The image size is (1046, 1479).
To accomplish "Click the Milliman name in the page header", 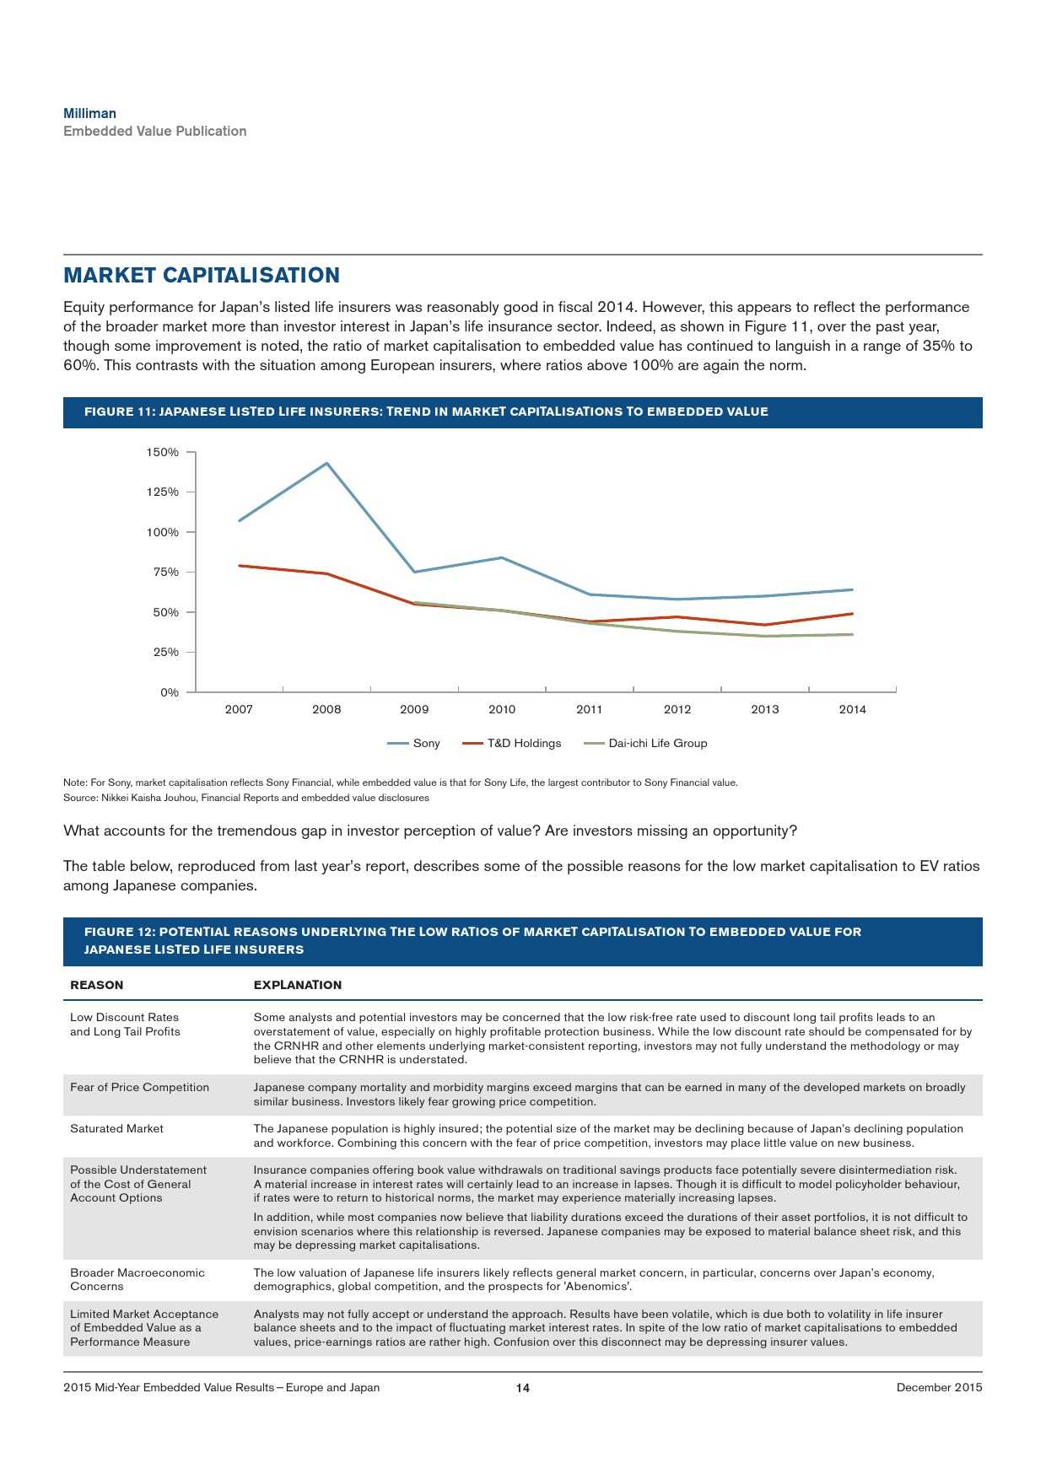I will pos(89,113).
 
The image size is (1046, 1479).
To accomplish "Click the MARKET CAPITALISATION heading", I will pos(202,276).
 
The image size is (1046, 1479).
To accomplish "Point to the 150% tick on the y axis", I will pos(163,453).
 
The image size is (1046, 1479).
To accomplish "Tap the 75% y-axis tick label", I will pos(165,573).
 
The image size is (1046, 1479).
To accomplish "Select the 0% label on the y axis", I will pos(170,692).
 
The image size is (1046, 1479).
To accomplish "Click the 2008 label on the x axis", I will pos(326,710).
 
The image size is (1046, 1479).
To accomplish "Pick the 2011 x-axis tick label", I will pos(590,710).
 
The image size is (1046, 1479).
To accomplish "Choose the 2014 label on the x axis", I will pos(852,710).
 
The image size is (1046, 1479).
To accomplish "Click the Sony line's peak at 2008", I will pos(326,463).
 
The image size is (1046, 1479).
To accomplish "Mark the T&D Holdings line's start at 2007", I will pos(240,566).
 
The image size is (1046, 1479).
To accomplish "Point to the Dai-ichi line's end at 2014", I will pos(852,634).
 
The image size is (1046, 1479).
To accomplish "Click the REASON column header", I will pos(96,985).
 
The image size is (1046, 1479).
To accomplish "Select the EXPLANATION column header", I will pos(298,985).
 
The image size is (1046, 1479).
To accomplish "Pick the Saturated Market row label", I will pos(116,1129).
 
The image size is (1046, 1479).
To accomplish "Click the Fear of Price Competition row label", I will pos(139,1088).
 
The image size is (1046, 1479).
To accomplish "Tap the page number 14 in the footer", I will pos(523,1388).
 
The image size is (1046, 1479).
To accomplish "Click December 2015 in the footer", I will pos(939,1388).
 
